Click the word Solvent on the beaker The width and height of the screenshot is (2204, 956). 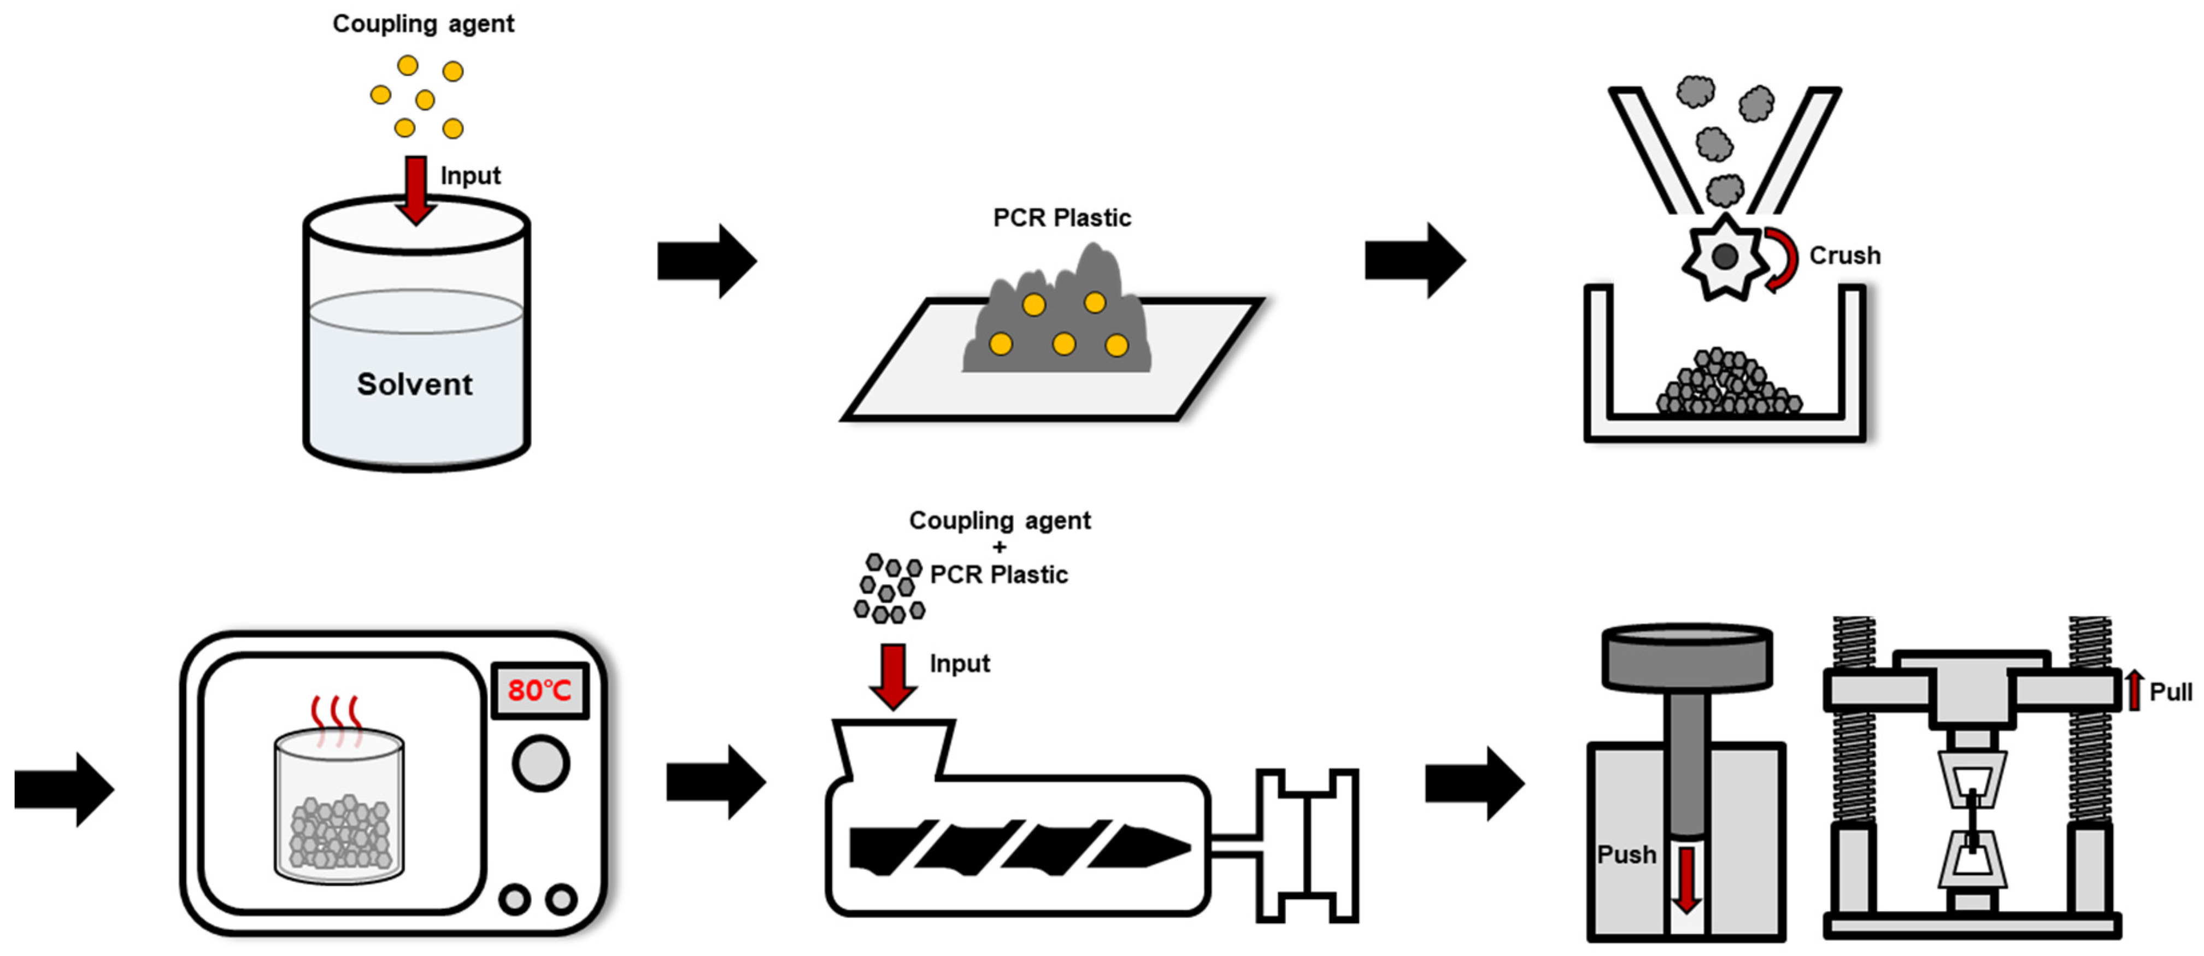coord(414,384)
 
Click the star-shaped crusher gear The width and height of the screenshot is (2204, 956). coord(1724,257)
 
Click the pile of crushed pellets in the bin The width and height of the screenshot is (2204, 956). coord(1729,385)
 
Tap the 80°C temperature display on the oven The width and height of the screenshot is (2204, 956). coord(539,689)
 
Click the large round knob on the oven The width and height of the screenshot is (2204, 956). coord(540,764)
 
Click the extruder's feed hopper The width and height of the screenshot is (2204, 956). coord(893,749)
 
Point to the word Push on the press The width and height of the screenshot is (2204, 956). coord(1626,854)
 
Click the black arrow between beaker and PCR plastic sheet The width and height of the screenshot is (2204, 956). coord(707,261)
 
